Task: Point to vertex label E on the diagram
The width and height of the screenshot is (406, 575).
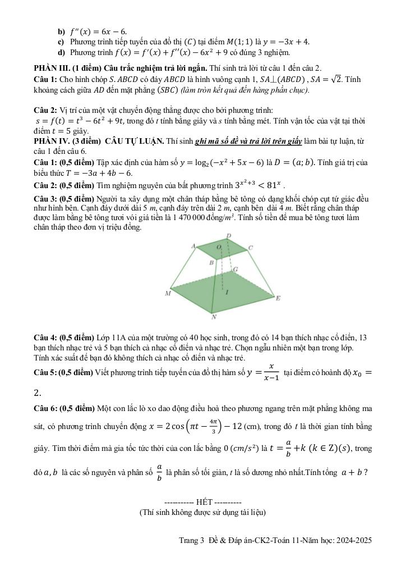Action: (278, 298)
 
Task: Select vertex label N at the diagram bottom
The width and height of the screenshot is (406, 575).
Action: (214, 317)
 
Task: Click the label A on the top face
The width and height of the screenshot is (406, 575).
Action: (193, 246)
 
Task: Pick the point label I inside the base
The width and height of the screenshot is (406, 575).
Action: (227, 293)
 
